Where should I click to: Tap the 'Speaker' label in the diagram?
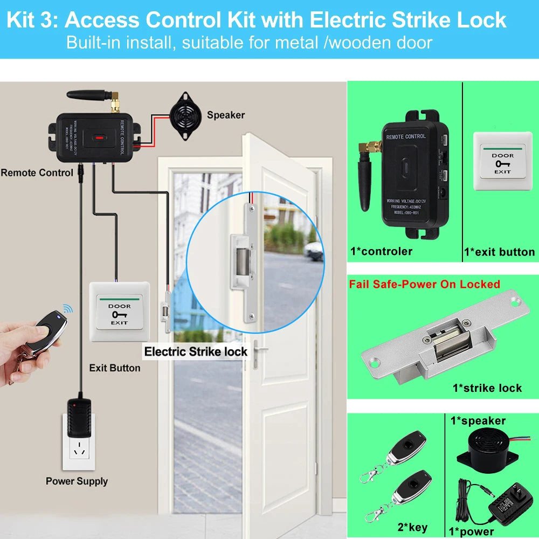point(225,115)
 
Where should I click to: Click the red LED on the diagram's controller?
point(99,137)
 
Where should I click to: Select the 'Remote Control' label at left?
point(37,173)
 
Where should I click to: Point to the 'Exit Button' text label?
point(114,368)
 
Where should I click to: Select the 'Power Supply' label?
point(77,481)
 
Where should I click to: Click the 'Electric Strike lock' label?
point(196,352)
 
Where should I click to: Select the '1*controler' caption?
point(381,251)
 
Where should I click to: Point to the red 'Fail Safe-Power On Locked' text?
point(424,284)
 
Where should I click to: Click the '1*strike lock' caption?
point(487,388)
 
